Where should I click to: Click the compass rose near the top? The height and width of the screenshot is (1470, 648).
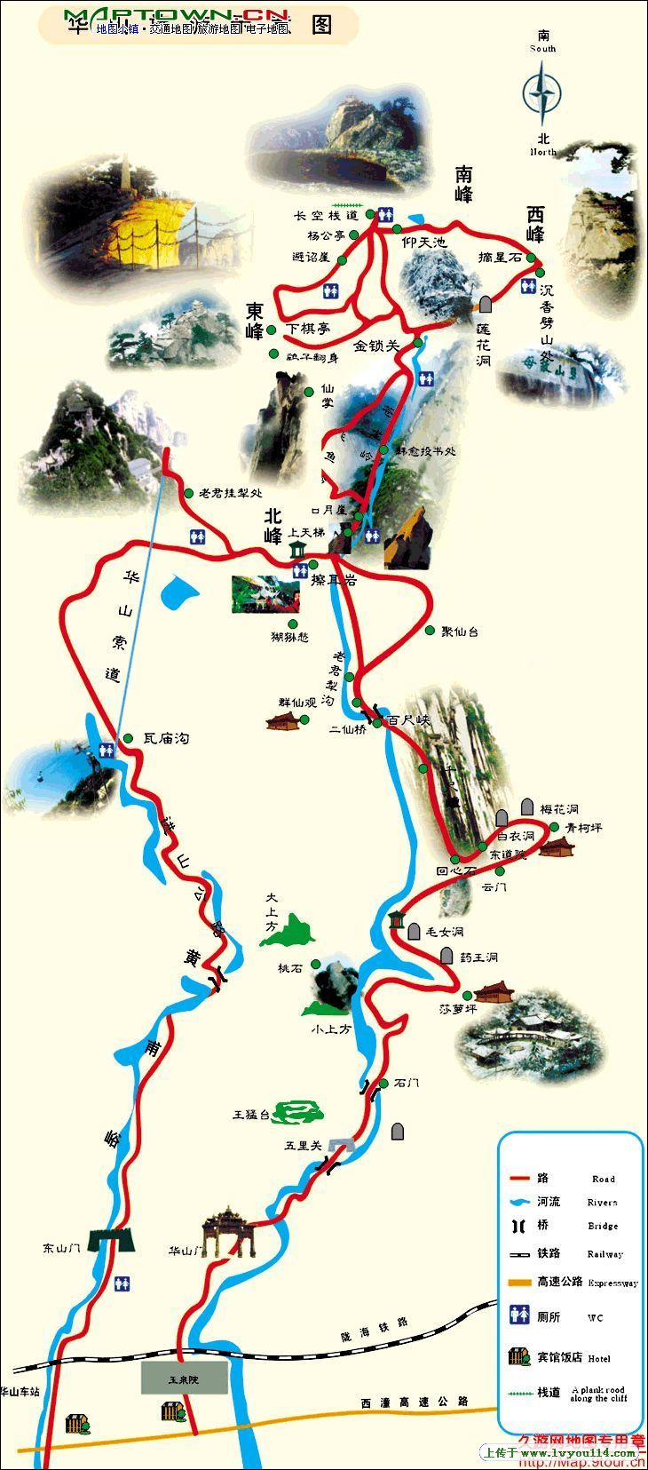coord(542,93)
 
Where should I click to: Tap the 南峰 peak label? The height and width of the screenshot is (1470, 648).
coord(463,184)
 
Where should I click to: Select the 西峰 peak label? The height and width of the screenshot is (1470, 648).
coord(535,224)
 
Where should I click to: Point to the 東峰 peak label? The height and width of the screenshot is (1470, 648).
coord(255,321)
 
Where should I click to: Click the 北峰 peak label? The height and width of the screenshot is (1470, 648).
coord(273,527)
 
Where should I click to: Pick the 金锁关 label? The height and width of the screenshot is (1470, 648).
coord(377,346)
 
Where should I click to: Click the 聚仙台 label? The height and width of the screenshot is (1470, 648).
coord(460,632)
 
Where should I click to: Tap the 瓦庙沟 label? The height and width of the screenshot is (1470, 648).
coord(166,738)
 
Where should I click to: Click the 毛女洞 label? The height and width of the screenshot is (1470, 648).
coord(445,932)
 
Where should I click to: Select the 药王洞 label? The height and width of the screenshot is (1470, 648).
coord(478,957)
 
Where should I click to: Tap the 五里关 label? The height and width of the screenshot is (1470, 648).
coord(303,1146)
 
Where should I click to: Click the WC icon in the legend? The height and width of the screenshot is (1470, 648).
coord(519,1315)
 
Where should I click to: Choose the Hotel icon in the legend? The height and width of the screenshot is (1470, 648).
coord(519,1357)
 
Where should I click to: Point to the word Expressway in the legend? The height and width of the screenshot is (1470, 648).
coord(612,1283)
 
